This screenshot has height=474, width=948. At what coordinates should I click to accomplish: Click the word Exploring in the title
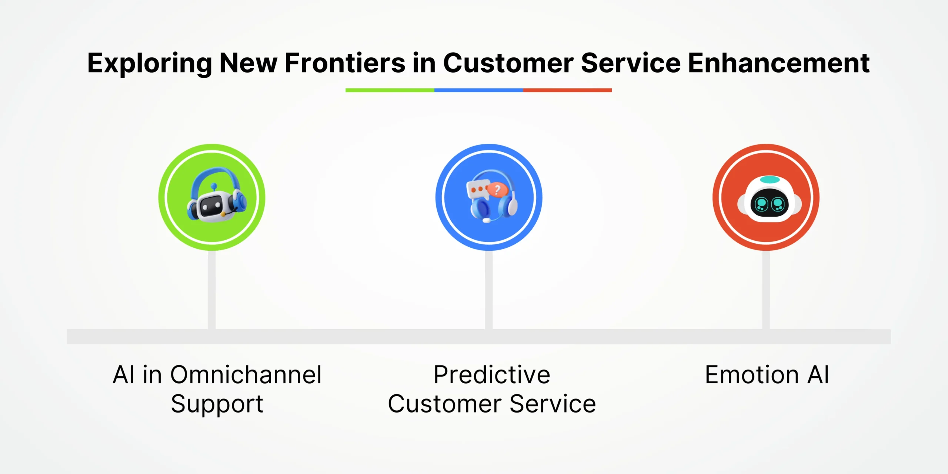click(150, 64)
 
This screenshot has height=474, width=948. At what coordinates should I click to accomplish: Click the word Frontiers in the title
click(345, 63)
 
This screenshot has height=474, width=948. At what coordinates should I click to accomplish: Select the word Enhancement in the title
click(778, 63)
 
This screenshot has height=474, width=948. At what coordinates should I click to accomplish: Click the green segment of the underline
click(390, 90)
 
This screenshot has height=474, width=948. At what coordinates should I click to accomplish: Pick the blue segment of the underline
click(479, 90)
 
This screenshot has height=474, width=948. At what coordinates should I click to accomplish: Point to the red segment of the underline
click(567, 90)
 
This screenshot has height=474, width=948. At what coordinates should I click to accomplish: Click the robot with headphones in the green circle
click(217, 195)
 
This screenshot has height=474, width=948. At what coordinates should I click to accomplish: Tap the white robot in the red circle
click(770, 199)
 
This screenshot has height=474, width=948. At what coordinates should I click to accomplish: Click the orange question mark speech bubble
click(497, 190)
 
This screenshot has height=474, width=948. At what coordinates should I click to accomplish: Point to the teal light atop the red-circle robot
click(770, 180)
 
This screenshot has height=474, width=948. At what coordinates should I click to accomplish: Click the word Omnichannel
click(246, 375)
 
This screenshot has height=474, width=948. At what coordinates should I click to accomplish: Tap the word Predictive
click(492, 375)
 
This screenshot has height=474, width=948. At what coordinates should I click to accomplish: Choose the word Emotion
click(752, 375)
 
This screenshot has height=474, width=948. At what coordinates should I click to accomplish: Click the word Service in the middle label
click(553, 404)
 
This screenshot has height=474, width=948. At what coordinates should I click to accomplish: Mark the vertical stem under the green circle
click(212, 290)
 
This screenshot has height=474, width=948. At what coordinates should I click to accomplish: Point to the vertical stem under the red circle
click(766, 290)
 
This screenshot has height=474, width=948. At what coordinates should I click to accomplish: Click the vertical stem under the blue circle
click(489, 290)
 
